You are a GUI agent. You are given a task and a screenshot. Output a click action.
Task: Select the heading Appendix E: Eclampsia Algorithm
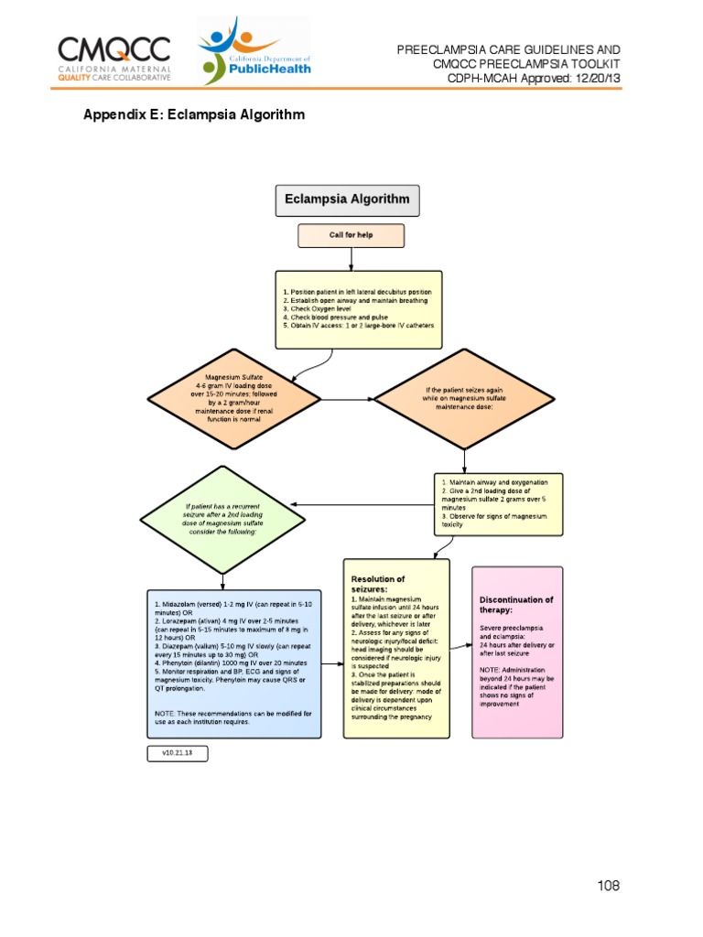(x=194, y=115)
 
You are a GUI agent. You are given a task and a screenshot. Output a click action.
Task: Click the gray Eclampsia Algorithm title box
(x=349, y=199)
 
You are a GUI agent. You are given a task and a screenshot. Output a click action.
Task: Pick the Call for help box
(x=351, y=235)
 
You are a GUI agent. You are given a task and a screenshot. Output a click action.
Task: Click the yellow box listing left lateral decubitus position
(x=358, y=309)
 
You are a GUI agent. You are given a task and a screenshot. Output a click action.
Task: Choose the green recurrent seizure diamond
(x=222, y=519)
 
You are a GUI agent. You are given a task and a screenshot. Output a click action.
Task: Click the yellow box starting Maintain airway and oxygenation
(x=498, y=504)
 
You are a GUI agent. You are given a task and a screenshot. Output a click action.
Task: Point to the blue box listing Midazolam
(x=234, y=662)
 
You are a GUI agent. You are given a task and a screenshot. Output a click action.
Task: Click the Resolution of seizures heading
(x=378, y=584)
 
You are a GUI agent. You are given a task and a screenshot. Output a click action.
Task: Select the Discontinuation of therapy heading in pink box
(x=516, y=605)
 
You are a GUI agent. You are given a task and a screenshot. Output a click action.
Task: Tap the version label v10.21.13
(x=178, y=754)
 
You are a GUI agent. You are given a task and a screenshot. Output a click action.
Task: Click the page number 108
(x=608, y=885)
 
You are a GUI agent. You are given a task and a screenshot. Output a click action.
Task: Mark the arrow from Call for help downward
(x=351, y=258)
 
